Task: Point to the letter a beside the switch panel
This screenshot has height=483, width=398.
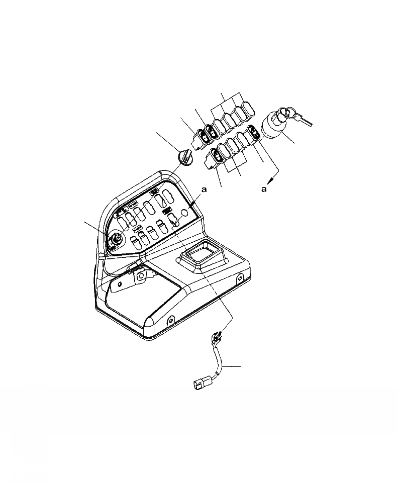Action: click(x=204, y=190)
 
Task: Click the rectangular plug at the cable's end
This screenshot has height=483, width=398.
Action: click(x=200, y=385)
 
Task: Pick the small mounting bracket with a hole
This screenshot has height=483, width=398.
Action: click(x=141, y=275)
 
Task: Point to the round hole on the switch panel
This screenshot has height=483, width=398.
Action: click(x=185, y=213)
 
